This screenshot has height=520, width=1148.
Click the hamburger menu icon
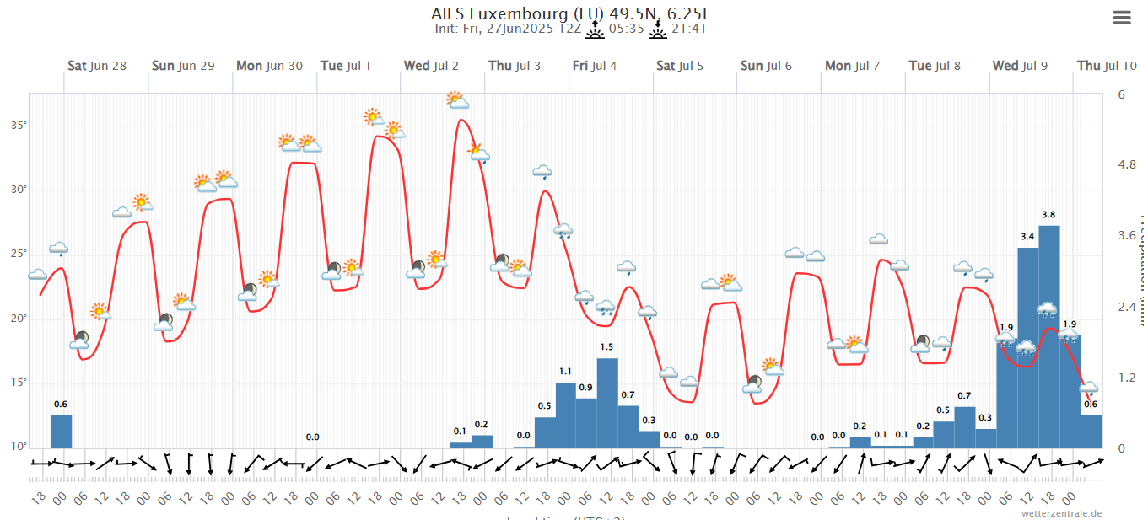pyautogui.click(x=1121, y=19)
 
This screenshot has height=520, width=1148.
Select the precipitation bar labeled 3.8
pyautogui.click(x=1049, y=337)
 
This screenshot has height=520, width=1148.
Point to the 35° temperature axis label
pyautogui.click(x=18, y=126)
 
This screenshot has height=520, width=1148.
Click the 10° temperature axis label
pyautogui.click(x=18, y=447)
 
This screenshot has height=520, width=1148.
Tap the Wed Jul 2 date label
pyautogui.click(x=431, y=66)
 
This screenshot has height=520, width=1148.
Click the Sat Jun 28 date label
pyautogui.click(x=97, y=66)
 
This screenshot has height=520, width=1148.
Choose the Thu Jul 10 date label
pyautogui.click(x=1107, y=66)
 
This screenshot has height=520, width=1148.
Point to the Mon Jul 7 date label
pyautogui.click(x=853, y=66)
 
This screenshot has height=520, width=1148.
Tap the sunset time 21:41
pyautogui.click(x=688, y=29)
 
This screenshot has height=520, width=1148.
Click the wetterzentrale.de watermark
pyautogui.click(x=1061, y=512)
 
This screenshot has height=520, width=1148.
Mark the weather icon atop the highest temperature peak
pyautogui.click(x=458, y=100)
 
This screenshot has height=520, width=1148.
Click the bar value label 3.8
pyautogui.click(x=1049, y=215)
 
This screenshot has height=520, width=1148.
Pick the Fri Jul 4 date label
pyautogui.click(x=595, y=66)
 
